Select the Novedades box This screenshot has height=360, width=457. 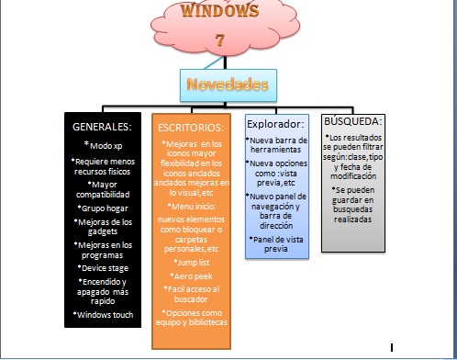pyautogui.click(x=227, y=85)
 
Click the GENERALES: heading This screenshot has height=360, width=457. pyautogui.click(x=102, y=127)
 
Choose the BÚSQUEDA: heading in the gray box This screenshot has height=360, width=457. pyautogui.click(x=353, y=120)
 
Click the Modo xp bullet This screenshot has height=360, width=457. pyautogui.click(x=102, y=145)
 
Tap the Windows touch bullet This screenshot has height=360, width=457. pyautogui.click(x=102, y=315)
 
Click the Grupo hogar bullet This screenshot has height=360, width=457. pyautogui.click(x=102, y=208)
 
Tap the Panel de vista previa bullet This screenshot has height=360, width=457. pyautogui.click(x=277, y=243)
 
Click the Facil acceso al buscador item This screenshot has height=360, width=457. pyautogui.click(x=194, y=295)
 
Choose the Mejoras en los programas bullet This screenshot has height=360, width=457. pyautogui.click(x=102, y=249)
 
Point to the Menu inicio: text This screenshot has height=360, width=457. pyautogui.click(x=194, y=207)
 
